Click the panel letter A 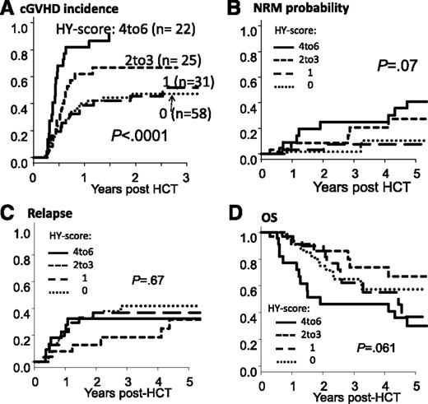(8, 8)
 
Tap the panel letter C (8, 211)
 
